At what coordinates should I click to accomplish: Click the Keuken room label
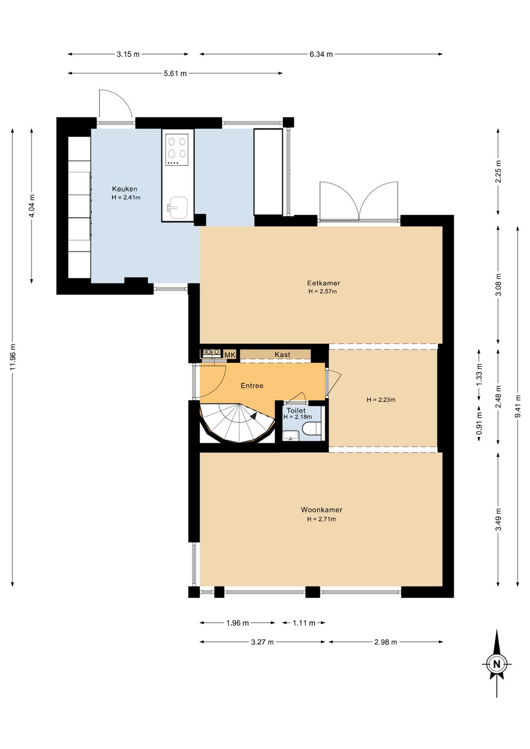pos(124,189)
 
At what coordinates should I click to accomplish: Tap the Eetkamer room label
pos(323,283)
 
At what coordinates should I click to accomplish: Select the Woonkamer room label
pos(321,510)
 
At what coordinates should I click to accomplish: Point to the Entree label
pos(252,385)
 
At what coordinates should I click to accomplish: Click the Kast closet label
pos(282,354)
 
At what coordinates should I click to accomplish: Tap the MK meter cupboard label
pos(230,355)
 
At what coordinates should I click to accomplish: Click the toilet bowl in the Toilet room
pos(313,428)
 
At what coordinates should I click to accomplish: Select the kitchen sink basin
pos(178,207)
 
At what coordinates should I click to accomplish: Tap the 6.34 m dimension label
pos(321,54)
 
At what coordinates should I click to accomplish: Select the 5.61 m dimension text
pos(175,73)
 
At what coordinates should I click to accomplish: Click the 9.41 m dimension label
pos(518,406)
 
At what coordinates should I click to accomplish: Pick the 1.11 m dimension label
pos(304,622)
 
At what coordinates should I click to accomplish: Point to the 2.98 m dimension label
pos(386,642)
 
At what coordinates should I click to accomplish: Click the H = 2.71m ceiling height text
pos(321,519)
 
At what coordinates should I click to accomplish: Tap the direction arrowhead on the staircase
pos(254,416)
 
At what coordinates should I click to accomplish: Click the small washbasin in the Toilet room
pos(291,435)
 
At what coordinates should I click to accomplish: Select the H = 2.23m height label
pos(381,400)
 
